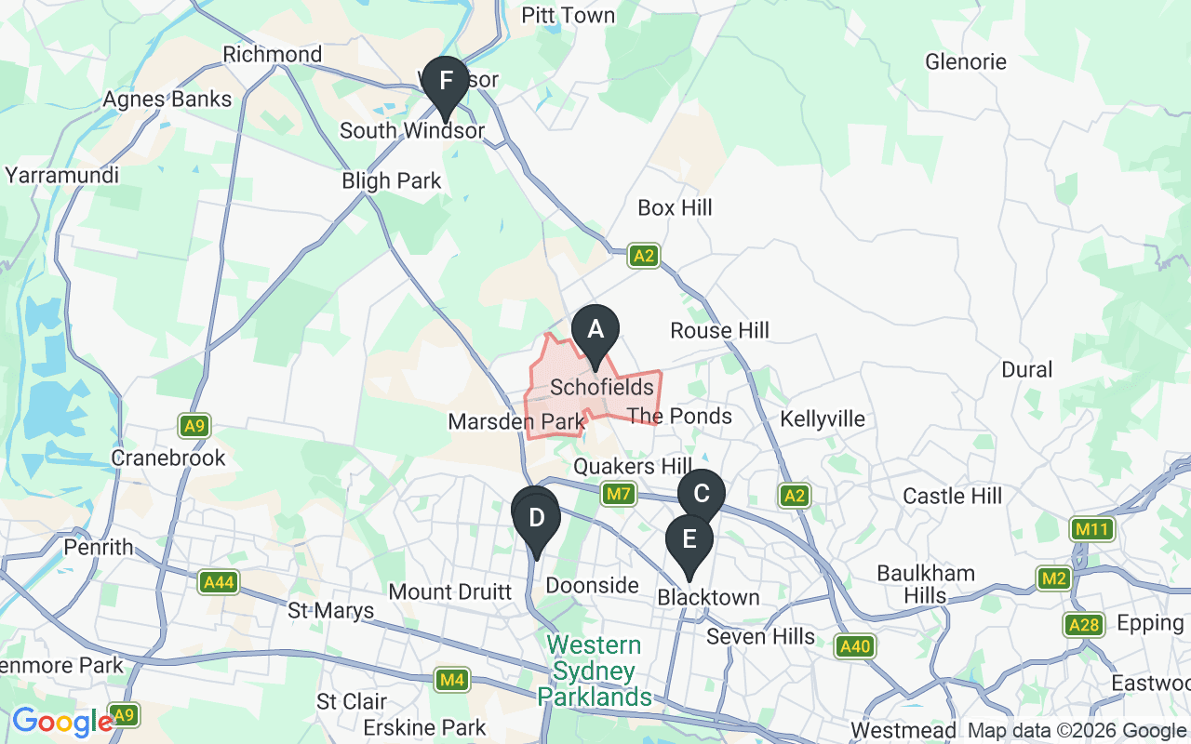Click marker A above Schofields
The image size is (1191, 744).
click(595, 330)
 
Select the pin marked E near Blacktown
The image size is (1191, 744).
click(689, 540)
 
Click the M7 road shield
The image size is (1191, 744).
click(620, 495)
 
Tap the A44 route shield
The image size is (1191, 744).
click(218, 583)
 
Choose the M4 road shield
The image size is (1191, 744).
click(452, 681)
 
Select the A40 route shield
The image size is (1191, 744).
click(853, 646)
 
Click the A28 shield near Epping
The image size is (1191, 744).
click(1085, 625)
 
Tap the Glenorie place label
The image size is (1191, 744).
click(966, 62)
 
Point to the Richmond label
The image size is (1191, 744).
click(273, 55)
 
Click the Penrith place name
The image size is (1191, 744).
click(99, 548)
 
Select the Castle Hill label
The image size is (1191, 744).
click(953, 496)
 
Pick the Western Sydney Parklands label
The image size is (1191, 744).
click(594, 671)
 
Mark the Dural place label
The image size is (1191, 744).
click(1027, 369)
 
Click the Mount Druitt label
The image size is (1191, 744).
click(450, 592)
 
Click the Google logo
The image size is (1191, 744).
click(62, 722)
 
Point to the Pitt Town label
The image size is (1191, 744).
click(568, 16)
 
